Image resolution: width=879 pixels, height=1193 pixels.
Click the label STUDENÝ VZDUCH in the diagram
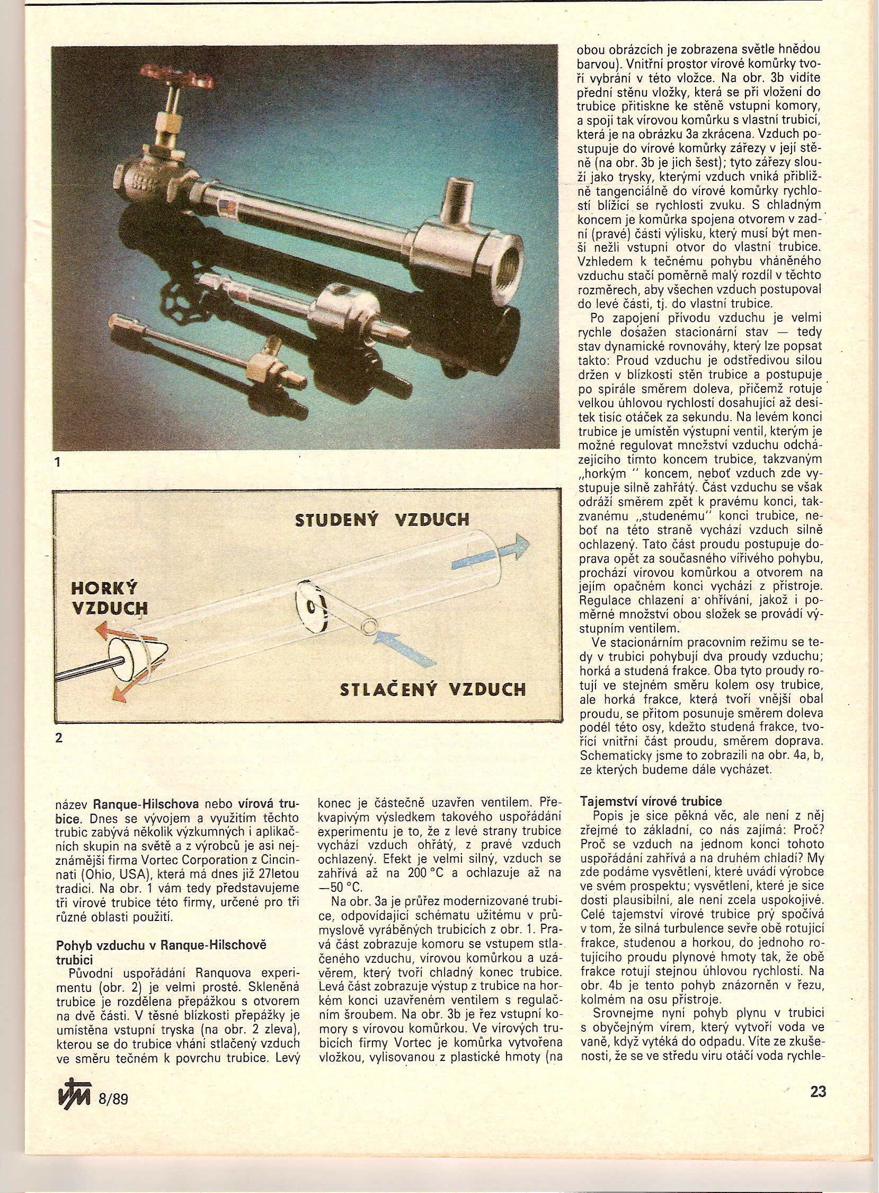pyautogui.click(x=382, y=521)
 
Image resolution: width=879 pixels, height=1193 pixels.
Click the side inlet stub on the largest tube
pyautogui.click(x=456, y=202)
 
